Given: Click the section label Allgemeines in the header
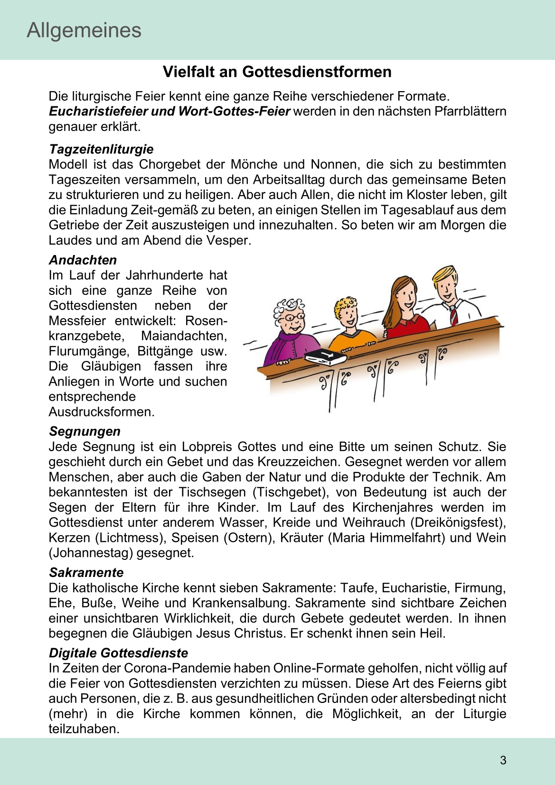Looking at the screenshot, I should point(84,30).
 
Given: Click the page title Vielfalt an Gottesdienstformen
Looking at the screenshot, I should point(277,72).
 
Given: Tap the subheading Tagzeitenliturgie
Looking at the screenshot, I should point(101,149).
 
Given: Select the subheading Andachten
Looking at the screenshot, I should point(83,260).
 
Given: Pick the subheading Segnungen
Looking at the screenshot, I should point(85,431).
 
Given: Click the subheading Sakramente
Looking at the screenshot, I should point(86,572).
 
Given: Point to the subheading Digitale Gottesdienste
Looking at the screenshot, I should point(118,653).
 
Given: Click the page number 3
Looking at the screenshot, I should point(503,760).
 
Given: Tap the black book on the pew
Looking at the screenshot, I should point(326,357).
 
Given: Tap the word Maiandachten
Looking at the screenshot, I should point(184,336).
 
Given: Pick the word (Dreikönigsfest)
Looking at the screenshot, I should point(457,522).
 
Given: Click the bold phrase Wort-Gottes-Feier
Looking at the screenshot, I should point(234,111).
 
